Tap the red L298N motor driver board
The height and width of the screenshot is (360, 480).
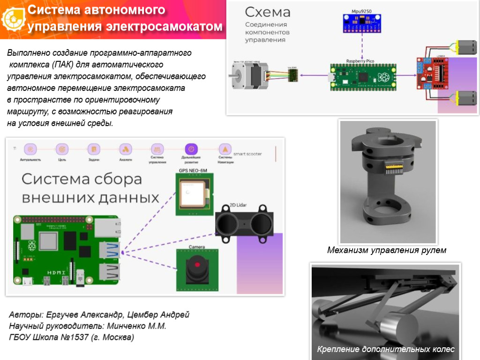pos(432,73)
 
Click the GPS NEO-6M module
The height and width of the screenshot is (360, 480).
pos(194,194)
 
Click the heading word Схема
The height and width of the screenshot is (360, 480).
pos(268,13)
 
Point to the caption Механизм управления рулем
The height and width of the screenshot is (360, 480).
pos(386,251)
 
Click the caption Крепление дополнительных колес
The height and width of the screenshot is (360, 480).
pos(385,349)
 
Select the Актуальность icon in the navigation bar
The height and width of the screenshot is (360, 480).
pos(30,149)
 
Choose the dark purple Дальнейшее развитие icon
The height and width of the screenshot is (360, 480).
pos(191,149)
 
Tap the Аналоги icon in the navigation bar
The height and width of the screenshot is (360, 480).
pos(125,149)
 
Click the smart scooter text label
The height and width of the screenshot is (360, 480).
pos(247,154)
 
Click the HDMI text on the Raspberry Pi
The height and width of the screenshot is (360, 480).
pos(57,273)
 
